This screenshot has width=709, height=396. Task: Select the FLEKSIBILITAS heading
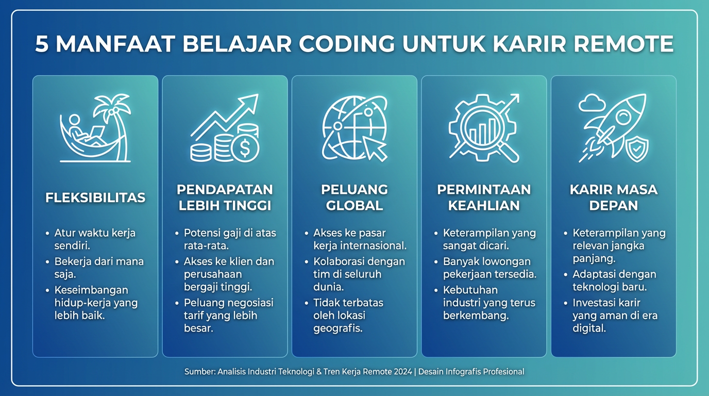(95, 197)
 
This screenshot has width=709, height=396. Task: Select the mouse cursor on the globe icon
(375, 148)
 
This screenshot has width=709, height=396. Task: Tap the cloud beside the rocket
(592, 103)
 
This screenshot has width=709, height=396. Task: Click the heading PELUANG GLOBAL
(354, 197)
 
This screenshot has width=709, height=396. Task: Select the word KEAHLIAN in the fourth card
(484, 206)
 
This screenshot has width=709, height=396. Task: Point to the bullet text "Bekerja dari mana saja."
(99, 268)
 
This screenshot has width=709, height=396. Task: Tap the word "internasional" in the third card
(370, 245)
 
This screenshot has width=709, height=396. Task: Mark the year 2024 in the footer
(403, 372)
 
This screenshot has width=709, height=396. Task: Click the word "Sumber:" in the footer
(200, 372)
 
